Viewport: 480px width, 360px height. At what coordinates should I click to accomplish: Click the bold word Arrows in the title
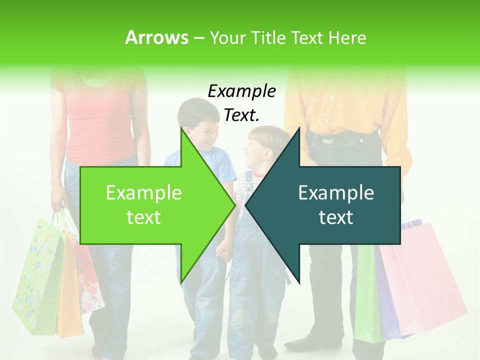click(x=156, y=37)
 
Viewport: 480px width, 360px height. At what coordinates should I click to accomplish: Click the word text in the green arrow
click(x=143, y=217)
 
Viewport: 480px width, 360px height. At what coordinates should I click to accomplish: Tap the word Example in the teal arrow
click(x=336, y=193)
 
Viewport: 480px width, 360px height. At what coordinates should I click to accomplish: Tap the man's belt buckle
click(x=327, y=139)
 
